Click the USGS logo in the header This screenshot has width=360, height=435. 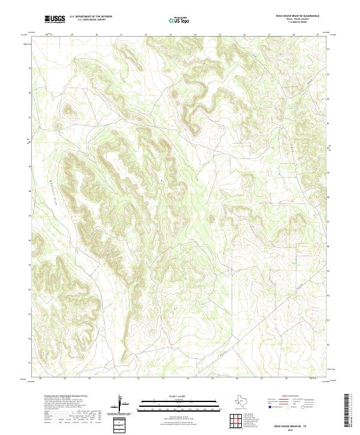coord(54,19)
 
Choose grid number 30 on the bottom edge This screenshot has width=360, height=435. coord(89,379)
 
